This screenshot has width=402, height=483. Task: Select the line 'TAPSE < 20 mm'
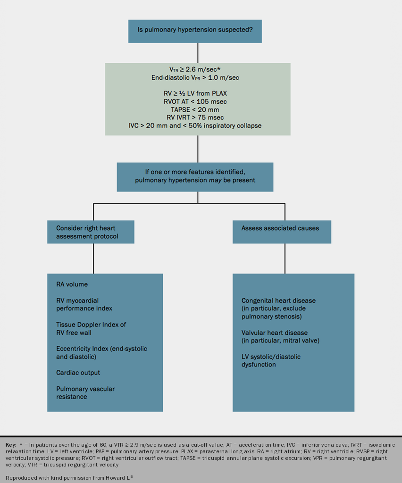click(198, 109)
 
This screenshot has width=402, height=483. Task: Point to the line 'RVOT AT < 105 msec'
click(198, 101)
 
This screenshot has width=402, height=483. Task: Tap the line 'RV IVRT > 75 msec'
click(198, 117)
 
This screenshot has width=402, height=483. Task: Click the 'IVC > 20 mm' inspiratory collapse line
click(198, 125)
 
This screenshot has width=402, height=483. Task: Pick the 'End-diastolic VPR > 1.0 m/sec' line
click(198, 77)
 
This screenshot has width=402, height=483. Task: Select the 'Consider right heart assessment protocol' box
click(91, 232)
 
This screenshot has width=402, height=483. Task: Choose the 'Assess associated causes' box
click(282, 228)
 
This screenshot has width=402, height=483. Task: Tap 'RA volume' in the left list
click(72, 284)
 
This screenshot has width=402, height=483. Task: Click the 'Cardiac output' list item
click(78, 373)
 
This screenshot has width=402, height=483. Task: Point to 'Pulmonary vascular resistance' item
click(85, 392)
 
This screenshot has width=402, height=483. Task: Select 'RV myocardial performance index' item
click(84, 304)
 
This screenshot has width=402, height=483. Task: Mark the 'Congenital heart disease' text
click(278, 300)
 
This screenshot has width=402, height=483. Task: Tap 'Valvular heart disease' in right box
click(275, 333)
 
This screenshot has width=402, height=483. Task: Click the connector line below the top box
click(198, 53)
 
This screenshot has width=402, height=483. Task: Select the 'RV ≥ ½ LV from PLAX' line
click(198, 93)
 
